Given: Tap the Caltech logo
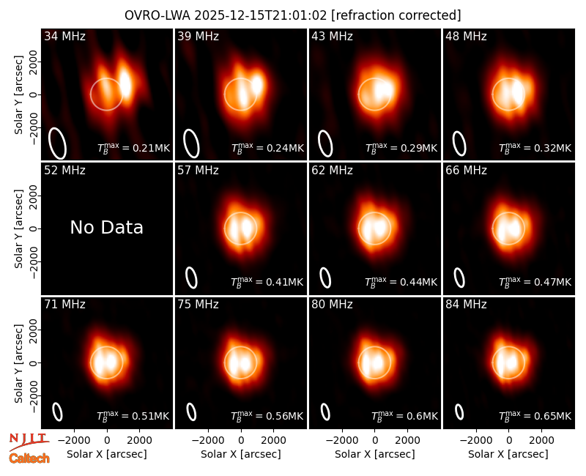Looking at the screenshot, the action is [x=29, y=458].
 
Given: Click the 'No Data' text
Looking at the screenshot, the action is [x=106, y=228].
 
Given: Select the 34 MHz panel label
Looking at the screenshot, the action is [x=64, y=36].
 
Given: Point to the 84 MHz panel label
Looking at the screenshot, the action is [x=466, y=305].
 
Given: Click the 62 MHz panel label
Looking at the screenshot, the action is [x=333, y=171].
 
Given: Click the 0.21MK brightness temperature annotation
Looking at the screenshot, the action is [x=133, y=148].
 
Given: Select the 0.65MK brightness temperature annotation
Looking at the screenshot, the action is [x=535, y=415].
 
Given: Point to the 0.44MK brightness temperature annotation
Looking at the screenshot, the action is [x=401, y=281].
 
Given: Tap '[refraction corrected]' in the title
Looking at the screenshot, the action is [x=396, y=15].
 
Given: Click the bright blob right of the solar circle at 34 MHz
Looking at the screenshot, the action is [x=125, y=84].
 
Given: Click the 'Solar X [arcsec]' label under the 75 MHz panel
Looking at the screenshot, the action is [x=241, y=454].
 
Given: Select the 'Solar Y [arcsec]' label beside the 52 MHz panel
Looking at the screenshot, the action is [x=18, y=228].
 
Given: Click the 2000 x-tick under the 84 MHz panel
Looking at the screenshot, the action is [x=541, y=441].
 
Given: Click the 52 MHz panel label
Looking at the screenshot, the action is [x=64, y=171].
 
